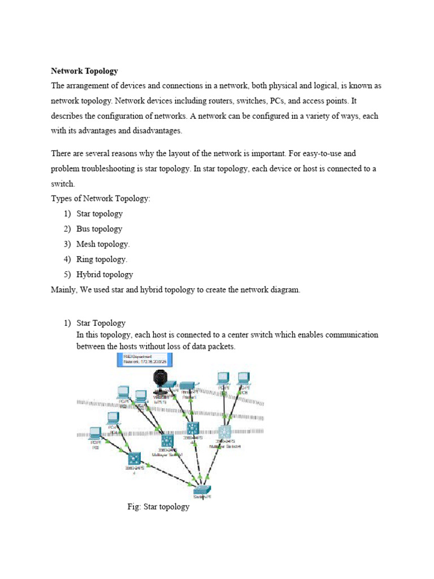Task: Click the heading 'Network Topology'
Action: click(x=84, y=71)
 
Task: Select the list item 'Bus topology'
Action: click(x=99, y=229)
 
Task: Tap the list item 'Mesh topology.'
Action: click(x=103, y=244)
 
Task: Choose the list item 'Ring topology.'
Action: click(x=102, y=260)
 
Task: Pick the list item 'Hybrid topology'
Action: click(x=105, y=275)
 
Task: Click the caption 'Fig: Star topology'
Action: click(x=158, y=507)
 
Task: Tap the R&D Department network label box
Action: click(x=145, y=360)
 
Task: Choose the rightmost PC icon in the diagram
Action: click(x=244, y=378)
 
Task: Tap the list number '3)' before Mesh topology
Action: click(x=67, y=244)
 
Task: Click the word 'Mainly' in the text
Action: click(x=63, y=290)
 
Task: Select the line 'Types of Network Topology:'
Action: click(x=101, y=198)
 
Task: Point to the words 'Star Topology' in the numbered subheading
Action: click(x=101, y=323)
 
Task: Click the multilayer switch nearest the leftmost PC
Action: click(x=134, y=459)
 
